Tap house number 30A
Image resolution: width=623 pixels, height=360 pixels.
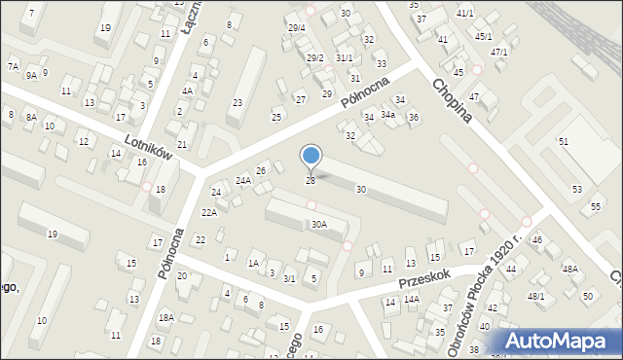coord(318,224)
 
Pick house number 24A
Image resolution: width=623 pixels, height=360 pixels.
coord(243,180)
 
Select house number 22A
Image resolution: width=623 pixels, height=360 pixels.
coord(209,212)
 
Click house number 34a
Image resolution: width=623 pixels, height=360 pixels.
coord(387,115)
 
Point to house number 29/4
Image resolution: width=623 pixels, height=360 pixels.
coord(297,27)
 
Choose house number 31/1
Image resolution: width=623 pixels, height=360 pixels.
coord(344,57)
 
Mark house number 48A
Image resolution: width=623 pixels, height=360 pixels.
coord(569,269)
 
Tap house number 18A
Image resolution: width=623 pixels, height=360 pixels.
coord(166,317)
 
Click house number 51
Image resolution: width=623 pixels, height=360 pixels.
coord(563,142)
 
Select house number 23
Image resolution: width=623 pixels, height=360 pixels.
coord(237,102)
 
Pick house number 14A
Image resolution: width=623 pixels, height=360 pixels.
coord(412,300)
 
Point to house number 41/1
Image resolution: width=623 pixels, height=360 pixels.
coord(465,13)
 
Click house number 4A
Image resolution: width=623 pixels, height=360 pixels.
coord(187,90)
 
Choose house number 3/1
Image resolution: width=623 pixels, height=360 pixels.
coord(289,279)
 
